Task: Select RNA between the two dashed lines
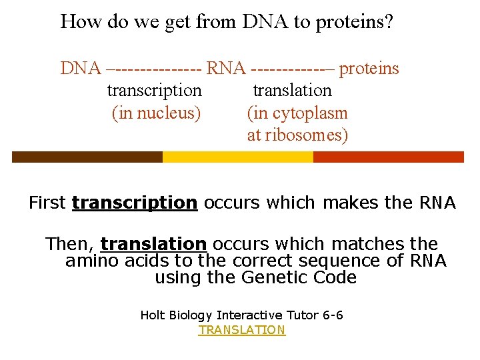click(x=227, y=68)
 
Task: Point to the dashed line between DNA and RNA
click(x=154, y=68)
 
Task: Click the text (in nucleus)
click(x=156, y=113)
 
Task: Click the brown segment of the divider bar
click(x=87, y=157)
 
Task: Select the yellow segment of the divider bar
click(x=237, y=157)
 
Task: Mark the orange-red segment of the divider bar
click(x=388, y=157)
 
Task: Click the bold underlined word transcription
click(x=135, y=203)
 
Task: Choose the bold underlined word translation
click(x=153, y=244)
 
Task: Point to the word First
click(x=47, y=203)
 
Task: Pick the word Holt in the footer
click(x=153, y=315)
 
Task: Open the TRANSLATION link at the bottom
click(x=241, y=330)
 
